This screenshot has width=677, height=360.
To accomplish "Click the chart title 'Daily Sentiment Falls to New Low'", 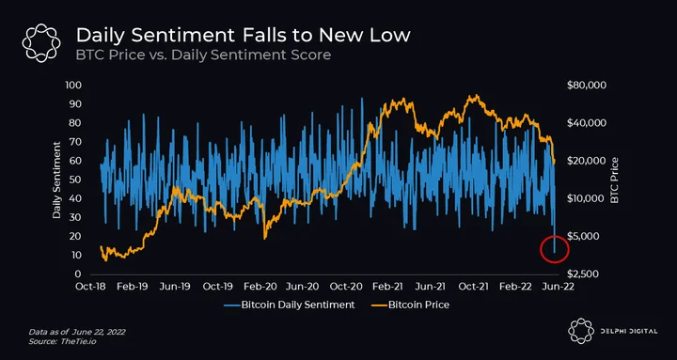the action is (244, 36).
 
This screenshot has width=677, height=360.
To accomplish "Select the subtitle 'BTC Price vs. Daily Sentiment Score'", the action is (203, 55).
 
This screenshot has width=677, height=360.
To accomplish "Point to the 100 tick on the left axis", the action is (74, 85).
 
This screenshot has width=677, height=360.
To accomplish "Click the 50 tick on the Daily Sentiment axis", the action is (76, 180).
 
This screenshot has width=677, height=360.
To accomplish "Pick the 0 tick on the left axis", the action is (79, 274).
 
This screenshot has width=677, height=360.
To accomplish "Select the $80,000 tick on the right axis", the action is (587, 85).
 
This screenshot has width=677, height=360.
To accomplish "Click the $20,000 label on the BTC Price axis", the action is (587, 161).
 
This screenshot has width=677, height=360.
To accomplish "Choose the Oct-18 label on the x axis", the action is (91, 287).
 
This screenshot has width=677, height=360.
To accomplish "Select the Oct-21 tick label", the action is (474, 287).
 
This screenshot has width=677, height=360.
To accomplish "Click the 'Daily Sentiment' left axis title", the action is (56, 180).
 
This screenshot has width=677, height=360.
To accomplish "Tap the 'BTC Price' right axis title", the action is (614, 180).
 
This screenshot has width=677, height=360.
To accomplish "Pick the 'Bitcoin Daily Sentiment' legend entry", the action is (290, 305).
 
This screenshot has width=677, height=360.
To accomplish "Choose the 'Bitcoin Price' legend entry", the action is (410, 305).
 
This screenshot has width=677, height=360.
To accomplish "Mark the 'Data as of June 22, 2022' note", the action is (77, 333).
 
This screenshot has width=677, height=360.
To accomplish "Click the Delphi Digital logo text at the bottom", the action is (630, 332).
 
